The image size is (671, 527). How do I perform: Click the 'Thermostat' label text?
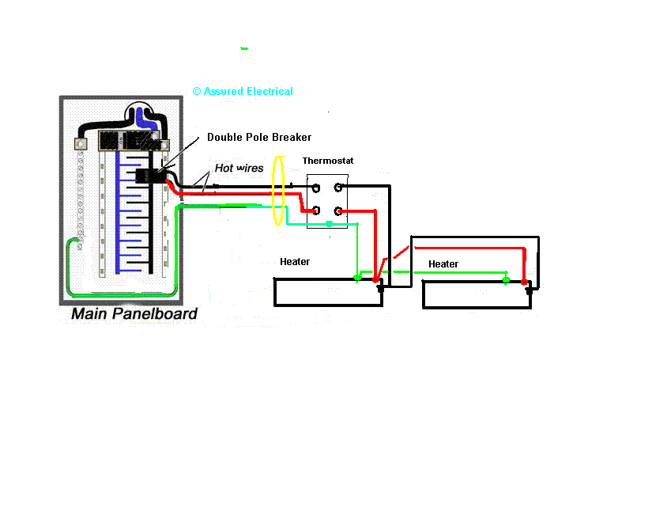click(328, 161)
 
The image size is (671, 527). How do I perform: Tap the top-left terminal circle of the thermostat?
click(315, 188)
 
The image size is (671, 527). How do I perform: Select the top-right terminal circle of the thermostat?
click(338, 188)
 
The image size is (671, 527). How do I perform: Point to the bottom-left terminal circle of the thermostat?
click(315, 210)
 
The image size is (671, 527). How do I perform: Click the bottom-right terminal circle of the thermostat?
click(338, 210)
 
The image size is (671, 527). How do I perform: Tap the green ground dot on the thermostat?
click(329, 225)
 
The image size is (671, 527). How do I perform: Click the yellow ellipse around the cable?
click(277, 191)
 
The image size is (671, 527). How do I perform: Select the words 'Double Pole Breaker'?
click(259, 137)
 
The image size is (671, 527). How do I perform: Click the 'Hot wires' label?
click(239, 168)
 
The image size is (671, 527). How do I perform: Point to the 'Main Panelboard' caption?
click(134, 313)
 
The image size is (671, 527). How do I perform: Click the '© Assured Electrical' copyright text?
click(243, 91)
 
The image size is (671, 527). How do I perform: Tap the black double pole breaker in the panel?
click(148, 176)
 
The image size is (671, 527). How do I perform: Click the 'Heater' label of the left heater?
click(295, 261)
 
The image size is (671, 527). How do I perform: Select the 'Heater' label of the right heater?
click(443, 263)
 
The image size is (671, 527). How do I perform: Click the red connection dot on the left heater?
click(375, 279)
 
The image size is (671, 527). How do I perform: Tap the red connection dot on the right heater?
click(523, 281)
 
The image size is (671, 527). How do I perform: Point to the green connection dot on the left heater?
click(357, 279)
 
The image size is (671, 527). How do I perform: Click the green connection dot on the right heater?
click(506, 279)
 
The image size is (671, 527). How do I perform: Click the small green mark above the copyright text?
click(244, 48)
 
